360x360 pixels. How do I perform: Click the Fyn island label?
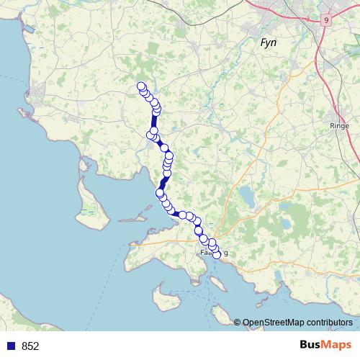269,43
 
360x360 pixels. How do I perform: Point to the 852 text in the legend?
30,346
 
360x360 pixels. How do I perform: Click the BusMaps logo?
324,345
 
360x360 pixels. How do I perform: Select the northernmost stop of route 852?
141,87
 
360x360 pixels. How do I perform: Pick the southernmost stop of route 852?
216,255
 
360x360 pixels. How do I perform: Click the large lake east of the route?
248,195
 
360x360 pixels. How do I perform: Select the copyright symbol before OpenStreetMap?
238,323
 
